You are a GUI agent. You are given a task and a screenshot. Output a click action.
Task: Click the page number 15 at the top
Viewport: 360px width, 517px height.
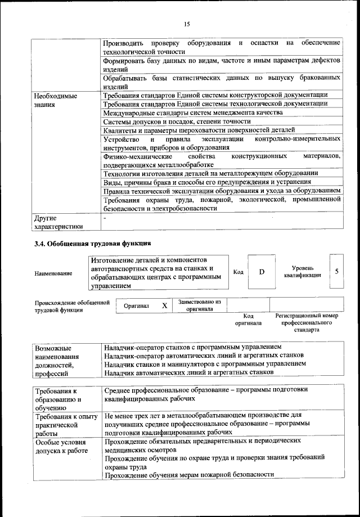[x=187, y=23]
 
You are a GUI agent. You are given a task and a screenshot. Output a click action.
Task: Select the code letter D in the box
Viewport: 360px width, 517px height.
[x=262, y=272]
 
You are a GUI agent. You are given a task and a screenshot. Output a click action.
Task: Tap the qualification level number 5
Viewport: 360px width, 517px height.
[x=336, y=271]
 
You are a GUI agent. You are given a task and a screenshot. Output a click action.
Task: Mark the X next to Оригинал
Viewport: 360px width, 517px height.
[x=164, y=305]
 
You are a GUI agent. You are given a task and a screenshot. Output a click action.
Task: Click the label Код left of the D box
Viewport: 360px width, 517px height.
[x=238, y=272]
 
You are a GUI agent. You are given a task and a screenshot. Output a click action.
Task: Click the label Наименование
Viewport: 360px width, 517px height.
[x=53, y=273]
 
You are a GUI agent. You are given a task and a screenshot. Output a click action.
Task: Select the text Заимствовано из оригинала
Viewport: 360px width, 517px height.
[x=199, y=305]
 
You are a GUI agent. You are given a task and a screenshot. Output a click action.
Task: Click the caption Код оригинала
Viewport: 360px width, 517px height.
[x=248, y=320]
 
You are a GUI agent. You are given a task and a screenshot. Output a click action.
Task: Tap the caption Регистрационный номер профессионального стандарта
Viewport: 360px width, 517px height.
[x=306, y=323]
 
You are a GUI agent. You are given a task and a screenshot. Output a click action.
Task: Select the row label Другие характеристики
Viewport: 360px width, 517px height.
[x=58, y=222]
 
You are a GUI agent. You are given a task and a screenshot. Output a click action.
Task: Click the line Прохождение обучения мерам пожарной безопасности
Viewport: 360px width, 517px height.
[x=189, y=474]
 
